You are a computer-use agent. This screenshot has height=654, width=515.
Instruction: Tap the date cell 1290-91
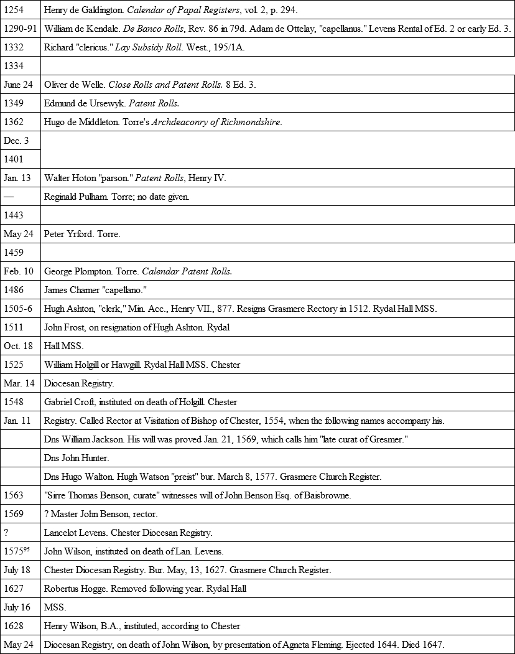21,29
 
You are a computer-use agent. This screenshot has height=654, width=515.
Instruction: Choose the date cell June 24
18,85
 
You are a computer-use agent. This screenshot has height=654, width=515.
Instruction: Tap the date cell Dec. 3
16,141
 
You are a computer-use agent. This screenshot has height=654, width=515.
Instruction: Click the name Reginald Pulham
77,197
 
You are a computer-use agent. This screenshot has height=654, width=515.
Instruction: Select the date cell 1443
13,215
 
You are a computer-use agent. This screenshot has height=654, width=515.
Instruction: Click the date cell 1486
13,290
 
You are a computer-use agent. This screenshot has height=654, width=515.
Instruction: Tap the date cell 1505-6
18,309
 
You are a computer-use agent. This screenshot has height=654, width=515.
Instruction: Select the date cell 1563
13,495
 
